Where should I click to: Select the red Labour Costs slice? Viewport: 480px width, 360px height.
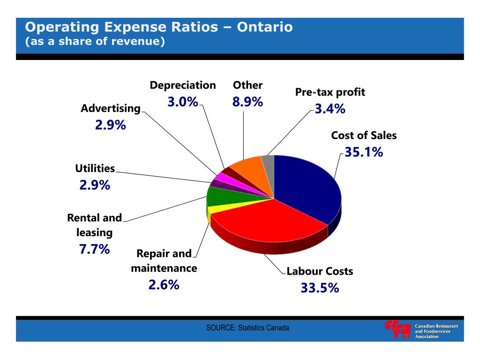pyautogui.click(x=262, y=220)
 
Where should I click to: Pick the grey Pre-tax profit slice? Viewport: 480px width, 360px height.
pyautogui.click(x=268, y=161)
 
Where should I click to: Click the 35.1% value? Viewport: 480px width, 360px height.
pyautogui.click(x=364, y=152)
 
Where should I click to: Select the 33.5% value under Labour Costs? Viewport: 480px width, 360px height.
pyautogui.click(x=320, y=288)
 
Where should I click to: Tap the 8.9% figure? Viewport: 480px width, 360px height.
pyautogui.click(x=247, y=102)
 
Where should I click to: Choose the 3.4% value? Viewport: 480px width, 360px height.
pyautogui.click(x=330, y=109)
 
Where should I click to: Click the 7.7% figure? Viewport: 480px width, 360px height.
pyautogui.click(x=95, y=249)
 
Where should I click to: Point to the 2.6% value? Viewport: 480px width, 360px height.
pyautogui.click(x=164, y=285)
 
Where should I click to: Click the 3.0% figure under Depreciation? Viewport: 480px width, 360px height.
pyautogui.click(x=183, y=102)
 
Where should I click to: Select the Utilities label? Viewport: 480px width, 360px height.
pyautogui.click(x=95, y=168)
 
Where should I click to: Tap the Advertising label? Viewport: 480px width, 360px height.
pyautogui.click(x=111, y=108)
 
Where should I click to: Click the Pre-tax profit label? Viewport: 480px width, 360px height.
pyautogui.click(x=330, y=92)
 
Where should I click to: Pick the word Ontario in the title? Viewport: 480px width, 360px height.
pyautogui.click(x=265, y=27)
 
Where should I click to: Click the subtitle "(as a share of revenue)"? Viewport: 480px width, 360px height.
pyautogui.click(x=95, y=42)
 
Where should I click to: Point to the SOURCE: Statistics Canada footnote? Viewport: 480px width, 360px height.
pyautogui.click(x=247, y=328)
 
